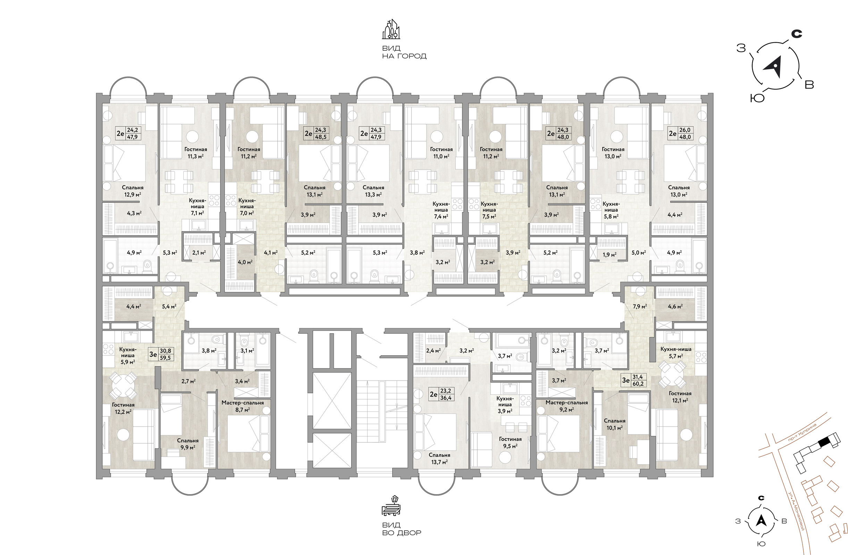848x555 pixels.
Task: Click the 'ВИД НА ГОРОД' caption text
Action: point(404,52)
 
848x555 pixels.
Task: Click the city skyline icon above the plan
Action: point(391,29)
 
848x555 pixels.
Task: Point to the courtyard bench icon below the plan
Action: point(391,505)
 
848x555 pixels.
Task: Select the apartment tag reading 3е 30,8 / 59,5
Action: point(161,354)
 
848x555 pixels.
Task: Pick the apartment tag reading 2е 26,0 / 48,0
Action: point(681,134)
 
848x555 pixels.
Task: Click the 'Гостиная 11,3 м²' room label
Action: point(196,153)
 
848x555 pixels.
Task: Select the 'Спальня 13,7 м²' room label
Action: point(439,459)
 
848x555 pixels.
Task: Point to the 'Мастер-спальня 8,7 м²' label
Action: point(243,406)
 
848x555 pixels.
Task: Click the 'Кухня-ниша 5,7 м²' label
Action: point(676,352)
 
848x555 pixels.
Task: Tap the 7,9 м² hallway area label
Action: point(640,306)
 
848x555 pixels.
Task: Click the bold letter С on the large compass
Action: point(797,34)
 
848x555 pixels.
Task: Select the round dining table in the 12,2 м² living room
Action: point(122,385)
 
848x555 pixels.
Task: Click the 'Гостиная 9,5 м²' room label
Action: point(510,443)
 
